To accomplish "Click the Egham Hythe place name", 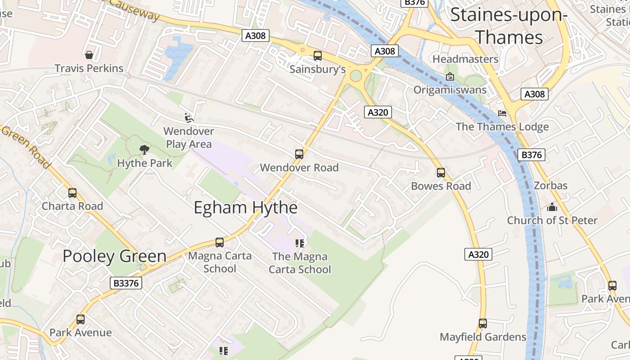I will (x=245, y=208).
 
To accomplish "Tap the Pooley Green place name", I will (x=114, y=256).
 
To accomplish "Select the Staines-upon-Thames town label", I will (x=509, y=26).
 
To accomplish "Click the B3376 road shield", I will (x=126, y=283).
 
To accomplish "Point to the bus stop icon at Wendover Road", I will (x=299, y=154).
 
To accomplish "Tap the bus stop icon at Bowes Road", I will (x=441, y=173).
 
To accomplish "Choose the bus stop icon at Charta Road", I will (x=72, y=193).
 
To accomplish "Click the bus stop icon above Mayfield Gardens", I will (x=483, y=324).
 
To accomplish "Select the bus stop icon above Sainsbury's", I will (x=318, y=56).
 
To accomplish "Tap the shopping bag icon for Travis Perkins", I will (x=89, y=55).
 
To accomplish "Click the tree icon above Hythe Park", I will (x=144, y=149).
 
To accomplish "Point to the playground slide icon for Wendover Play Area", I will (x=189, y=118).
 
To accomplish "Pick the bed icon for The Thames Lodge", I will (x=502, y=113).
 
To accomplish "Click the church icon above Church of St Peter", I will (x=552, y=207).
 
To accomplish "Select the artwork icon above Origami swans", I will (x=450, y=76).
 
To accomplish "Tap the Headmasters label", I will (x=465, y=59).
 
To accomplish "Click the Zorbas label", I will (x=550, y=185).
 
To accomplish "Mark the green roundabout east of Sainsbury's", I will (x=356, y=75).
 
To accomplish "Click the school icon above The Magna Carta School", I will (x=300, y=243).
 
